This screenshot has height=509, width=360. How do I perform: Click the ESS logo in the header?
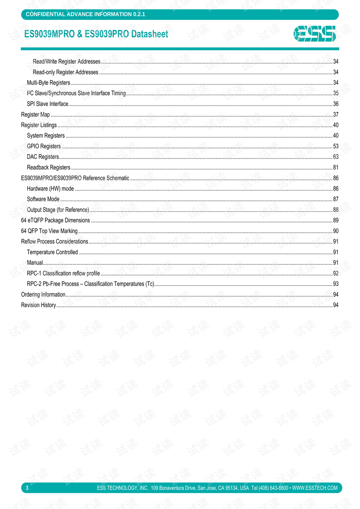coord(315,34)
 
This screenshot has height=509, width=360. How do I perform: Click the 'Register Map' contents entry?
coord(35,115)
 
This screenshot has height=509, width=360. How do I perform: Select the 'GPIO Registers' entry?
coord(43,146)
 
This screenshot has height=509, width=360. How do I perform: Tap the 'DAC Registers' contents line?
coord(43,157)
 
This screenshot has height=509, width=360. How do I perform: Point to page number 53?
coord(336,146)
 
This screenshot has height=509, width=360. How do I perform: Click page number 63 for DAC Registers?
coord(336,157)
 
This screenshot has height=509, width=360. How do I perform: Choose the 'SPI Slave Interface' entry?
coord(47,104)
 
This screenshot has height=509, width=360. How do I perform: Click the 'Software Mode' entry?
coord(43,199)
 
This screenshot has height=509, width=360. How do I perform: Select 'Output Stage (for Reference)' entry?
coord(58,210)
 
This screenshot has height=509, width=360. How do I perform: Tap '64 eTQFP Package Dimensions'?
coord(55,221)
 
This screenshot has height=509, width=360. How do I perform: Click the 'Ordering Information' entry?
coord(43,295)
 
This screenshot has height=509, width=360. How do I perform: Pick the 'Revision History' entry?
coord(38,305)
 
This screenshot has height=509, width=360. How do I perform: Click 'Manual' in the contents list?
coord(35,263)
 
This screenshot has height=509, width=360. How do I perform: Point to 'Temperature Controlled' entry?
coord(52,252)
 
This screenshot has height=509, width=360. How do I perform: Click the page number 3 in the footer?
coord(27,488)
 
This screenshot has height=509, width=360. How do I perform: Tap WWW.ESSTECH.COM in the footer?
coord(315,488)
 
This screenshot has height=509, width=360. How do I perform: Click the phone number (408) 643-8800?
coord(273,488)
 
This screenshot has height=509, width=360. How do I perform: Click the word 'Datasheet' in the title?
coord(150,34)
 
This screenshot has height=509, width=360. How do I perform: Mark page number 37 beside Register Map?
coord(336,115)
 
